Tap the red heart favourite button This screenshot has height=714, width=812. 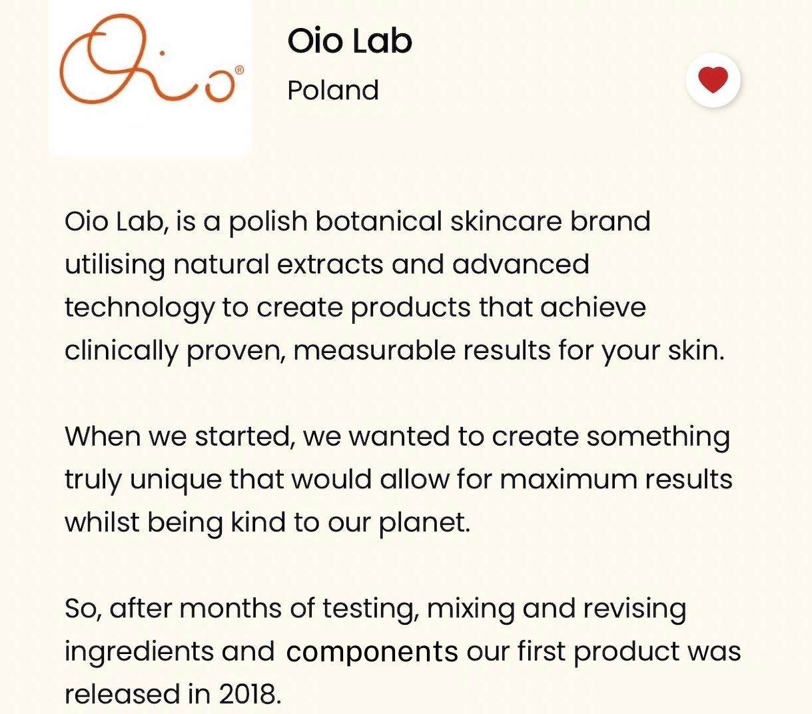tap(713, 80)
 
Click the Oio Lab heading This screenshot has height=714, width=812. tap(350, 41)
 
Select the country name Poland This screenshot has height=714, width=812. tap(333, 90)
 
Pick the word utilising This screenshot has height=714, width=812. tap(115, 265)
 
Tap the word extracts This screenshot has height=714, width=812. tap(330, 265)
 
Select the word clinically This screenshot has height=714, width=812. tap(121, 352)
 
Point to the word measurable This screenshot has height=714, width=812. tap(374, 350)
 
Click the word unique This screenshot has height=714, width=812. tap(176, 480)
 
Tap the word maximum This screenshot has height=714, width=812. tap(568, 479)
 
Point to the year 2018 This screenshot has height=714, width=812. tap(250, 695)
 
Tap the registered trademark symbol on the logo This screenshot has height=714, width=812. tap(239, 71)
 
